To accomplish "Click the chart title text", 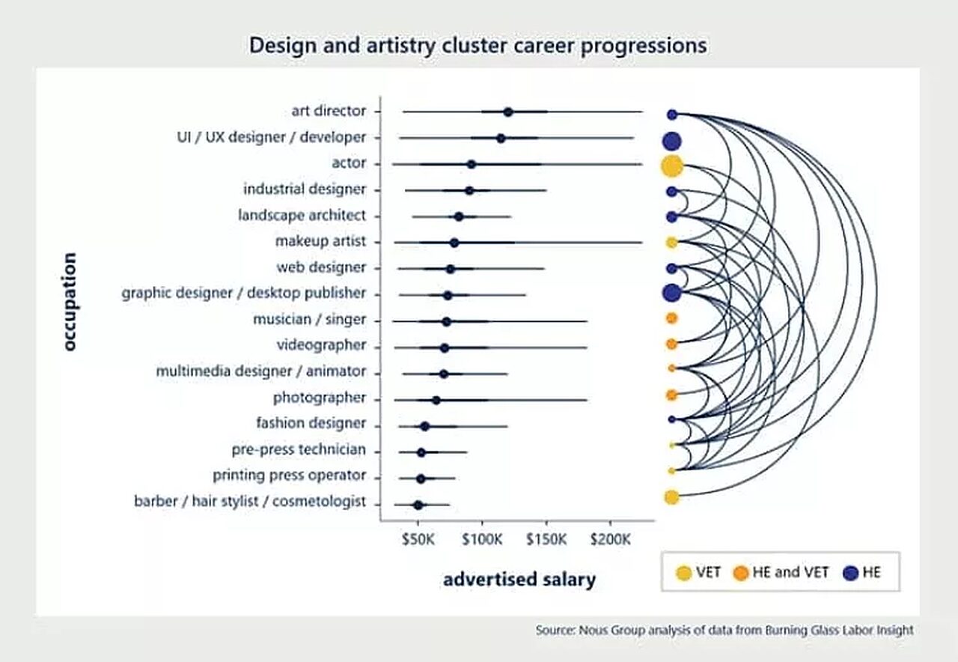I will click(478, 46).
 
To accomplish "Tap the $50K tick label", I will click(418, 540).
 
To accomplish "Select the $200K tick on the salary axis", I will click(611, 540).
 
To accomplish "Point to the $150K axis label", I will click(547, 540).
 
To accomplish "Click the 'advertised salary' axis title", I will click(519, 579).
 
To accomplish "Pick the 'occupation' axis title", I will click(70, 302).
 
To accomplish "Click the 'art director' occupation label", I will click(329, 111).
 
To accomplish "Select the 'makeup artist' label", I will click(320, 241).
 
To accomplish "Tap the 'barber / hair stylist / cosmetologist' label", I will click(250, 501).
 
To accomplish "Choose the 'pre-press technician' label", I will click(299, 449).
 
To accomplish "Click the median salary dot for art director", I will click(508, 112).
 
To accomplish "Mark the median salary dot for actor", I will click(471, 164).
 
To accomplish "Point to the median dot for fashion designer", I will click(424, 426).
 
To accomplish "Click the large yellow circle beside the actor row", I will click(671, 165).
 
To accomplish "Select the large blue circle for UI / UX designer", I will click(671, 140).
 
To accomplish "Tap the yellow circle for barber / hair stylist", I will click(671, 497).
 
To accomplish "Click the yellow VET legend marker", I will click(683, 573).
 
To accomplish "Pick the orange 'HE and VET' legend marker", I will click(741, 573).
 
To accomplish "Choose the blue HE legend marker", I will click(850, 573).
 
